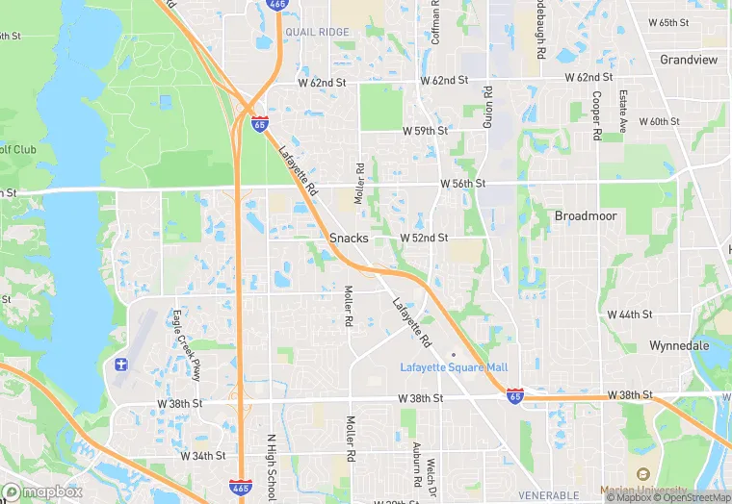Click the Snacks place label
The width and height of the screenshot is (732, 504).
[349, 238]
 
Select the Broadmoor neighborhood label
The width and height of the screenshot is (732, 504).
[586, 215]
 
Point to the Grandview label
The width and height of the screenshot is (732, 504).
[689, 60]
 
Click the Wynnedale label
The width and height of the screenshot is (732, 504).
[680, 345]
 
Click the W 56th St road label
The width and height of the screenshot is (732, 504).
[463, 183]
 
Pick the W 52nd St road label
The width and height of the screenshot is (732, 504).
[425, 238]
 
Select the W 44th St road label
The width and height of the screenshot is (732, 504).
[630, 315]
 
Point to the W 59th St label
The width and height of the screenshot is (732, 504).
[425, 130]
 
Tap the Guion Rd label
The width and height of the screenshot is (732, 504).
[487, 108]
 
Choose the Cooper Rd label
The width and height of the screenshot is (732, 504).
[597, 115]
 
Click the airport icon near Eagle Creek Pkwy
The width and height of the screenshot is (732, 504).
[120, 365]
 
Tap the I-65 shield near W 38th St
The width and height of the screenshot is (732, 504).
[516, 395]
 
